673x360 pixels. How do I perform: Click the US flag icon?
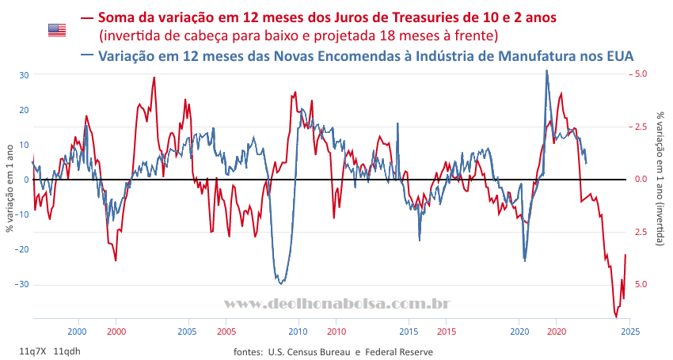[x=56, y=29]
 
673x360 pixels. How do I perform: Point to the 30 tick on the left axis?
[x=25, y=75]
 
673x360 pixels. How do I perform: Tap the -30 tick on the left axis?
[x=23, y=284]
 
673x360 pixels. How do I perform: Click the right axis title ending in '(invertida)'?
[x=661, y=174]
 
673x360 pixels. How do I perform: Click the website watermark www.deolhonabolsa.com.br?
[x=338, y=304]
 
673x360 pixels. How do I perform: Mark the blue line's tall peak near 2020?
[x=546, y=70]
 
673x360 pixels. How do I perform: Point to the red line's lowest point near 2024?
[x=616, y=317]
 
